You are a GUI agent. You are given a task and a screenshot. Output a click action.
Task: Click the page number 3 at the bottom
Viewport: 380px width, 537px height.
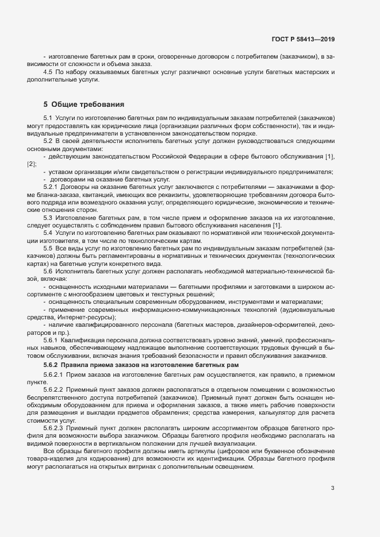[332, 488]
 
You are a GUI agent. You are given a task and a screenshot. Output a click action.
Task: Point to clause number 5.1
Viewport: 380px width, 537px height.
[48, 118]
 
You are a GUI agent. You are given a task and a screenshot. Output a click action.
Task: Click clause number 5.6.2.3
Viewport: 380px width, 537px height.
[54, 428]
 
